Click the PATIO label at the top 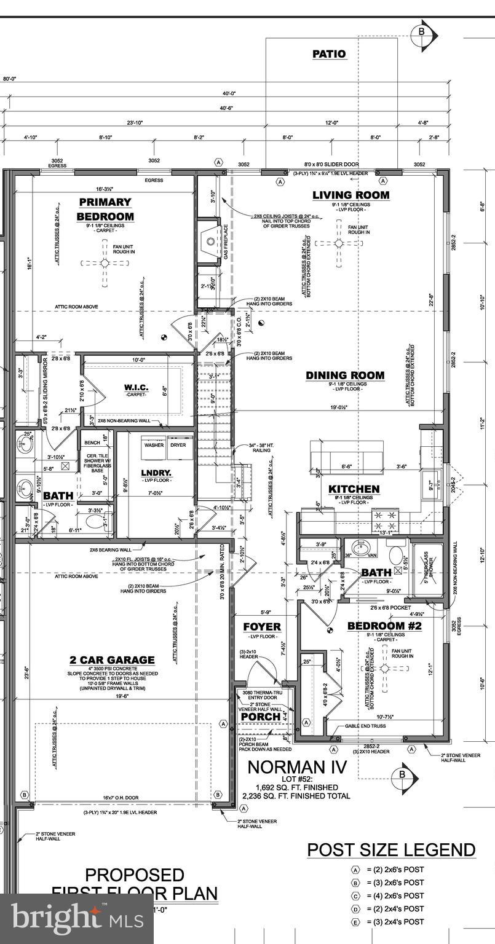329,54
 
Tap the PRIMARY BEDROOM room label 105,209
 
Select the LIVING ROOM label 351,195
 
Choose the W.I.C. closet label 124,388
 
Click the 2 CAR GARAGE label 112,660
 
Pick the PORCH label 260,717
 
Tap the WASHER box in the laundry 154,445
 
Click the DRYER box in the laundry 178,445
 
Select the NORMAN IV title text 297,767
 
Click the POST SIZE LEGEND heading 391,850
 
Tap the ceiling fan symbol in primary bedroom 105,263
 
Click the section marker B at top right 422,31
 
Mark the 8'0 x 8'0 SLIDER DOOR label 331,164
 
